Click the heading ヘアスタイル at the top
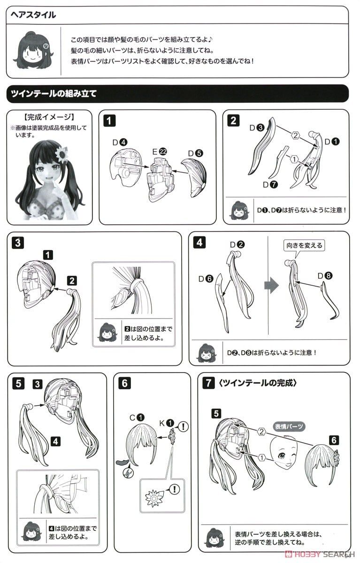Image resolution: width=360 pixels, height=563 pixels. (33, 15)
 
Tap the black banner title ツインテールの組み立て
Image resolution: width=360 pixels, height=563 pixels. (54, 94)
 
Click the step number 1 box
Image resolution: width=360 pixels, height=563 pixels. (109, 121)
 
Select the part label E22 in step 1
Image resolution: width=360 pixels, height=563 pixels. (160, 152)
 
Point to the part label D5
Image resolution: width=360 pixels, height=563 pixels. (195, 153)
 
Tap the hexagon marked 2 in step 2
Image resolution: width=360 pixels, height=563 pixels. (296, 136)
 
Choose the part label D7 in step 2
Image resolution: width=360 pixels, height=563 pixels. (270, 185)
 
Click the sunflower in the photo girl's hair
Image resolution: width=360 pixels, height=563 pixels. (61, 153)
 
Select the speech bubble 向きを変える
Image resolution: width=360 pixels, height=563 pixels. (304, 246)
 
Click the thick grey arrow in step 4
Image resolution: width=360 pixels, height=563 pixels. (271, 285)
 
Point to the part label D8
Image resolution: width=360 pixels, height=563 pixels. (325, 276)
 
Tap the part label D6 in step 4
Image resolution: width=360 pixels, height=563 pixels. (206, 279)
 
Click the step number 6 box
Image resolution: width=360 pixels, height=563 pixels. (125, 384)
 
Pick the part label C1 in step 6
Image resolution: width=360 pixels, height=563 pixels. (137, 418)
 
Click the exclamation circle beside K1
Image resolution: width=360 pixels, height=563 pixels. (183, 426)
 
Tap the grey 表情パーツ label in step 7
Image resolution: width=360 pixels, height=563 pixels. (289, 426)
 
